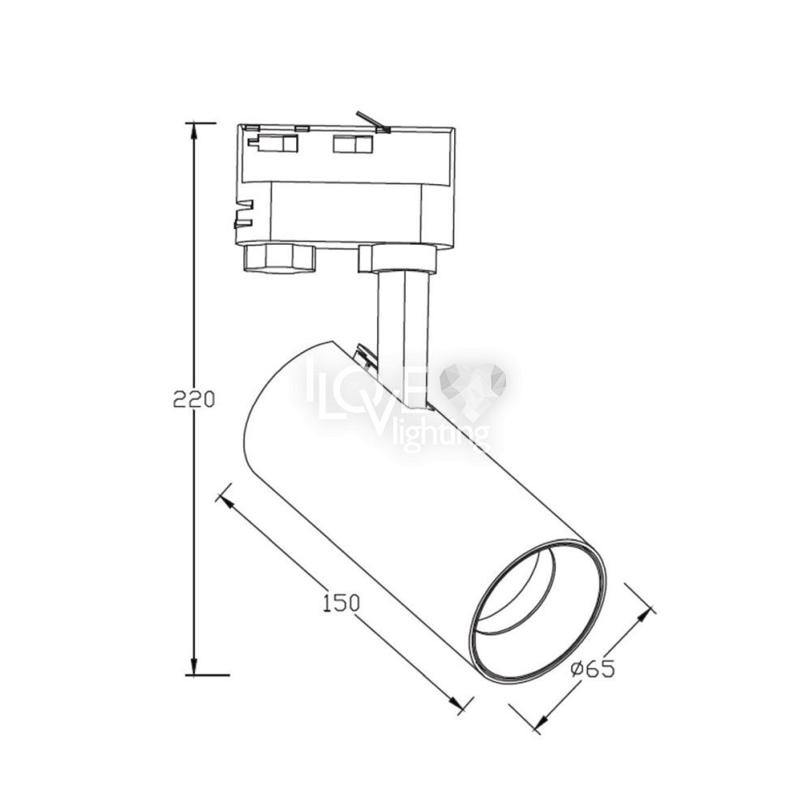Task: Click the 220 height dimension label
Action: pyautogui.click(x=194, y=399)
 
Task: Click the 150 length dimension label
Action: pyautogui.click(x=341, y=603)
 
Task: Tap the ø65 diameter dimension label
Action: pyautogui.click(x=593, y=669)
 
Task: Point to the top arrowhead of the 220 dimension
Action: pyautogui.click(x=194, y=132)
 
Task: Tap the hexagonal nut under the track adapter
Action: pyautogui.click(x=279, y=258)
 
